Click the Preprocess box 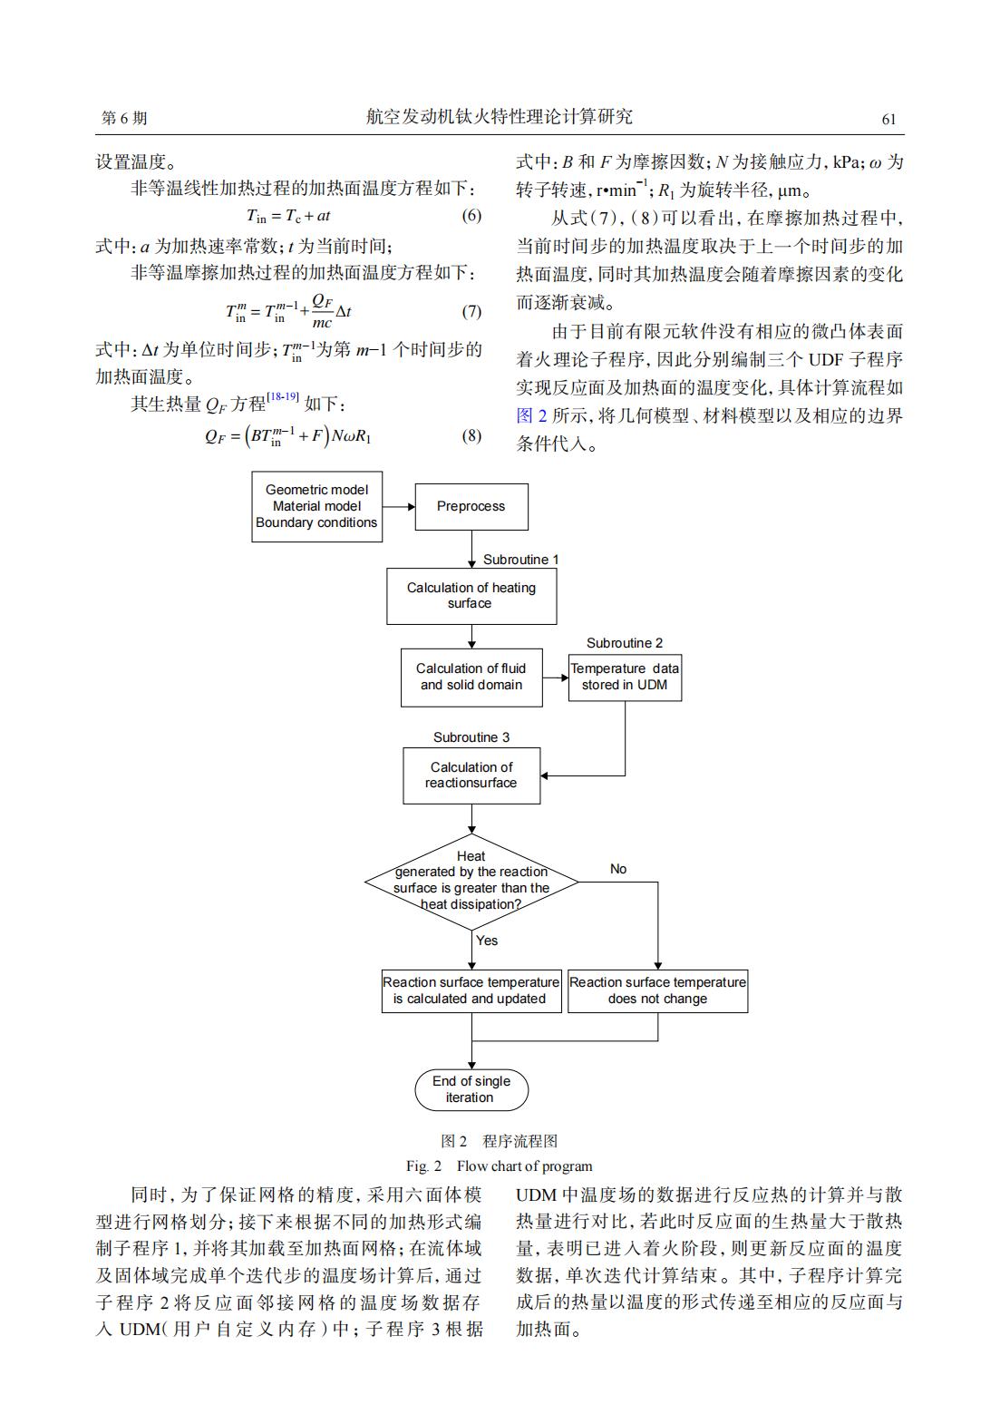point(471,507)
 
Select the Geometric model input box point(316,506)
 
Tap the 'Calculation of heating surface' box point(471,596)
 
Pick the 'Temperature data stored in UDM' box point(625,678)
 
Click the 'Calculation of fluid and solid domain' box point(471,678)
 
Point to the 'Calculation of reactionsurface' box point(471,775)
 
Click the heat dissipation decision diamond point(471,882)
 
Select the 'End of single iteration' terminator point(471,1089)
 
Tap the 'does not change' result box point(657,991)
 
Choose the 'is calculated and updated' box point(471,991)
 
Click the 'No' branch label point(618,869)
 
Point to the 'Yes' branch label point(487,941)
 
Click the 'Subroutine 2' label point(625,643)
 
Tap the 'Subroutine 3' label point(471,737)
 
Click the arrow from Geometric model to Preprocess point(399,506)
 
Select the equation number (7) point(471,311)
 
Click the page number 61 point(889,119)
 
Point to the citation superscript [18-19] point(283,396)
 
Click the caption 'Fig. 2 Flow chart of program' point(499,1165)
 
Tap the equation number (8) point(471,435)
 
